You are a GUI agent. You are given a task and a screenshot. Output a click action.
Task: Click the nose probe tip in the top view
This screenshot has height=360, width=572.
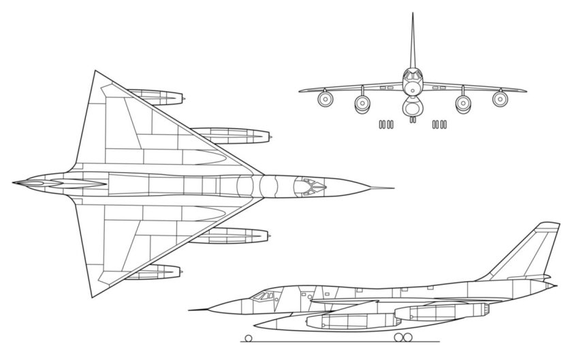pyautogui.click(x=393, y=187)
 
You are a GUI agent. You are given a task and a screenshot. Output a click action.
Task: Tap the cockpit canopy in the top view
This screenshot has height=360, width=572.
pyautogui.click(x=309, y=183)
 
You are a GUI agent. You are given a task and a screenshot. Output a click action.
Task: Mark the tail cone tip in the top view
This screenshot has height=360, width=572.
pyautogui.click(x=14, y=184)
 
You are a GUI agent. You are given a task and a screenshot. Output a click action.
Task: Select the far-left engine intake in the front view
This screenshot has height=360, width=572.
pyautogui.click(x=325, y=100)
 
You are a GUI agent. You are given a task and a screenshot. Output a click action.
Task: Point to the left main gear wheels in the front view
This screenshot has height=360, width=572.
pyautogui.click(x=385, y=125)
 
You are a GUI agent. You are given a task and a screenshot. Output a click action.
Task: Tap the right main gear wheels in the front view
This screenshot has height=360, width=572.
pyautogui.click(x=440, y=125)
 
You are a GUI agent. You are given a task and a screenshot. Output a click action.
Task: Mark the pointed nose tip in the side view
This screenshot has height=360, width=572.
pyautogui.click(x=191, y=310)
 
